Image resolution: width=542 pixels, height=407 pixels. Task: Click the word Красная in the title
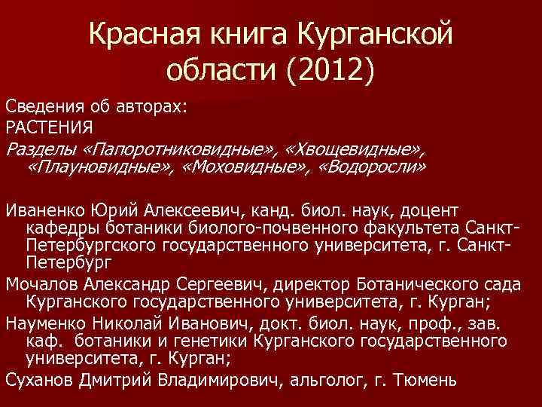(x=137, y=34)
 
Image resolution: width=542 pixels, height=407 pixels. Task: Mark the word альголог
(x=323, y=379)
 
